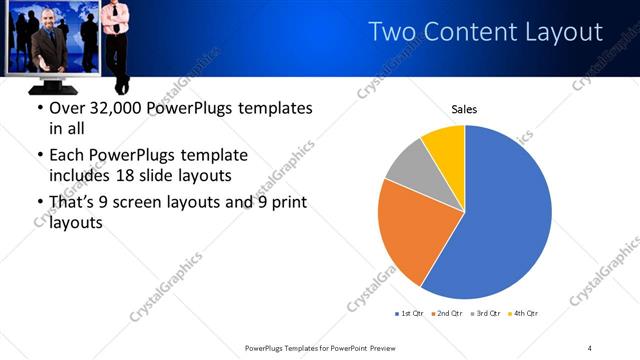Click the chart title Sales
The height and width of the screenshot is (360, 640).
464,108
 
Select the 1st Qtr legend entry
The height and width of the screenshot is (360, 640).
409,314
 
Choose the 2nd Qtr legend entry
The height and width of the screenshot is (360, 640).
447,314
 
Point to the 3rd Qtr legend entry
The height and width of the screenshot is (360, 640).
485,314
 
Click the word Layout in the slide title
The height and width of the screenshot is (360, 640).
558,32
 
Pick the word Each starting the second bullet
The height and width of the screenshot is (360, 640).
68,155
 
